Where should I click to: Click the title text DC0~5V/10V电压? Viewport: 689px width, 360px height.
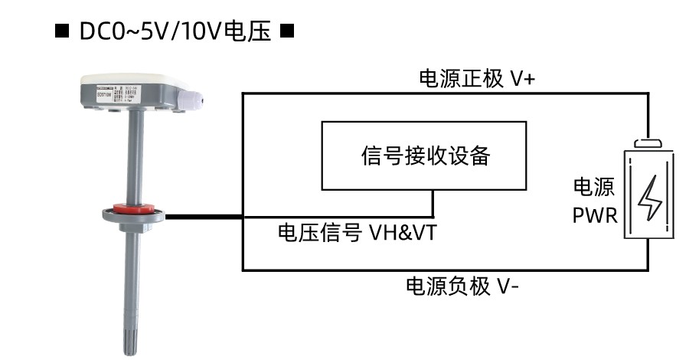(175, 33)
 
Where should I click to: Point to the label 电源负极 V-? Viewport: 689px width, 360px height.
(463, 286)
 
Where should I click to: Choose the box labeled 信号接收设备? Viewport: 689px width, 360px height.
(424, 156)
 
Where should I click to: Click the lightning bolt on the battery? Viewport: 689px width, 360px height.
(649, 198)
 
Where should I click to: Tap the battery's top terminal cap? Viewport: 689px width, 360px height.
(649, 142)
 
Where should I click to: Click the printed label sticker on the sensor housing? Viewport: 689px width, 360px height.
(115, 97)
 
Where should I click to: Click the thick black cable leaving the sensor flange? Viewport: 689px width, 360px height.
(203, 217)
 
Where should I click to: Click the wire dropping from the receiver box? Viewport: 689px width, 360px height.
(433, 204)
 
